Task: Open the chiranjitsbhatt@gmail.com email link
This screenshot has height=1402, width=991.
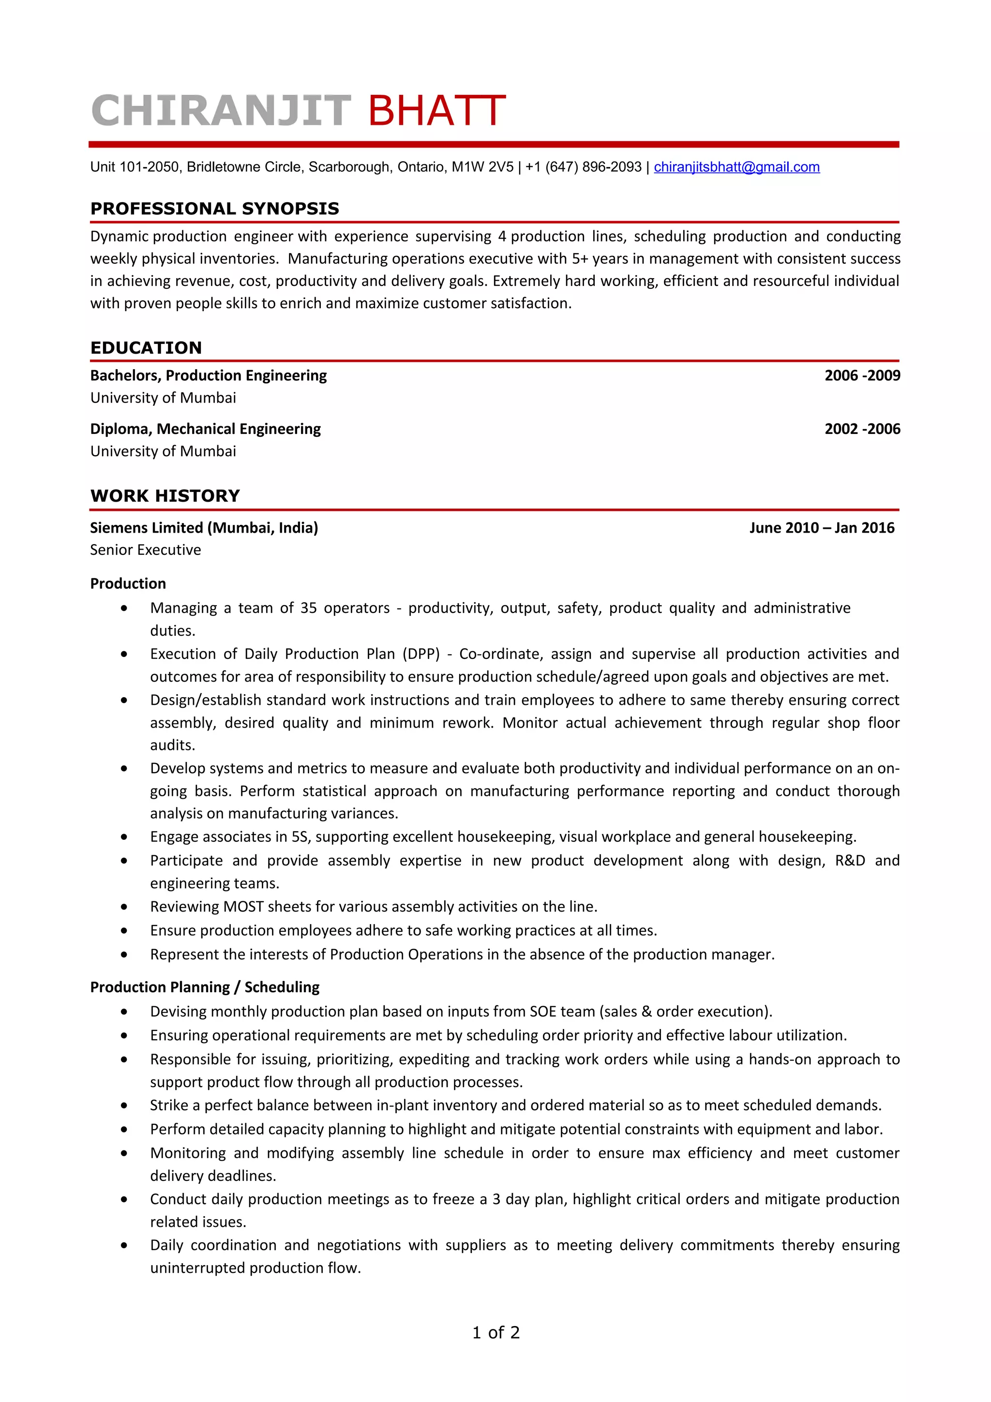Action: pyautogui.click(x=736, y=167)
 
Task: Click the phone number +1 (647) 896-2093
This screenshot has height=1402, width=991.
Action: pyautogui.click(x=583, y=167)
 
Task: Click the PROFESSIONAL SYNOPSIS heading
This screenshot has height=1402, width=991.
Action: pyautogui.click(x=214, y=209)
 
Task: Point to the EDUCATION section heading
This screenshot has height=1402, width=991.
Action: pyautogui.click(x=146, y=348)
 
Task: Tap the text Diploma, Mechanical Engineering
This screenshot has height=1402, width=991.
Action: pyautogui.click(x=205, y=429)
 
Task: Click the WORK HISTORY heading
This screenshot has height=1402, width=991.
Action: pyautogui.click(x=165, y=496)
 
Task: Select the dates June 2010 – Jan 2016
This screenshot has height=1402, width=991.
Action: pyautogui.click(x=821, y=528)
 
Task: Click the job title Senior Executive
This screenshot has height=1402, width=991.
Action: pyautogui.click(x=145, y=550)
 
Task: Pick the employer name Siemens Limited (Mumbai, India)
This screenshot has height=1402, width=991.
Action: pyautogui.click(x=204, y=528)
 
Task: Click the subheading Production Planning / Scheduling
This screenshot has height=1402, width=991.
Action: pyautogui.click(x=205, y=987)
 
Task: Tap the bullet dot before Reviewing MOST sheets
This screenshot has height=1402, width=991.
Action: pyautogui.click(x=124, y=907)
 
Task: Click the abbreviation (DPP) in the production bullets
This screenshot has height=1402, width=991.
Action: pyautogui.click(x=420, y=654)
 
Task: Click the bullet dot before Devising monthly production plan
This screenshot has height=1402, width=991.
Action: pyautogui.click(x=124, y=1012)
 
